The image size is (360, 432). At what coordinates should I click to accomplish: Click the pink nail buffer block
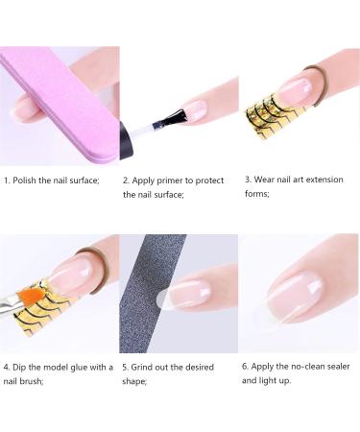(x=60, y=106)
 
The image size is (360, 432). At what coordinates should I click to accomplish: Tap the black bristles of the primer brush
(x=174, y=118)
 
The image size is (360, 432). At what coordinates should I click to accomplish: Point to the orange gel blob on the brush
(x=28, y=295)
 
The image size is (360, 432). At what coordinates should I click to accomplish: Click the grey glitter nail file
(x=150, y=294)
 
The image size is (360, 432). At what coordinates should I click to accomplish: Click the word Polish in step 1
(x=24, y=180)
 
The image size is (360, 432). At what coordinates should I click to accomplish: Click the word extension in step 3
(x=324, y=180)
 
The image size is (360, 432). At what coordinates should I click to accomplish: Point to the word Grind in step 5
(x=142, y=367)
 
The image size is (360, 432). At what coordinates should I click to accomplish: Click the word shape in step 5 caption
(x=134, y=382)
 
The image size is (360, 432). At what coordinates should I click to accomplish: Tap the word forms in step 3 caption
(x=257, y=194)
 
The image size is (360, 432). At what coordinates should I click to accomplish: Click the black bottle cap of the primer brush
(x=126, y=140)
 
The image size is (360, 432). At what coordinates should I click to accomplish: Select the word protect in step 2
(x=209, y=181)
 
